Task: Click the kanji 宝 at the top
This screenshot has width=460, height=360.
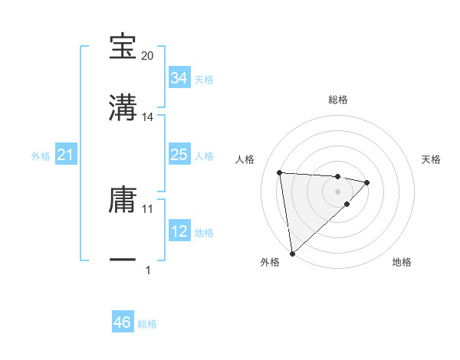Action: (x=123, y=47)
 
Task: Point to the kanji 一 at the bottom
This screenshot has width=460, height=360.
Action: (x=123, y=260)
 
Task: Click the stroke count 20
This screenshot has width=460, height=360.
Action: (x=148, y=56)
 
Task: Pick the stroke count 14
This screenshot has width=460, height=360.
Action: (x=148, y=116)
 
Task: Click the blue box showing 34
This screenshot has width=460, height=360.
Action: (x=179, y=78)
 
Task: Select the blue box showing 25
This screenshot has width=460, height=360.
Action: (x=179, y=155)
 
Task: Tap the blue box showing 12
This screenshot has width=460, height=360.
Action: (x=179, y=232)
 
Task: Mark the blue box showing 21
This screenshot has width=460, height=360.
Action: (x=65, y=155)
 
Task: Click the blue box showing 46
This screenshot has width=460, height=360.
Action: (x=123, y=322)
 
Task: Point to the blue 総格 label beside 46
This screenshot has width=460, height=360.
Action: (x=147, y=324)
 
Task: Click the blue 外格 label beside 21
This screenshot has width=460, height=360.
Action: (x=41, y=156)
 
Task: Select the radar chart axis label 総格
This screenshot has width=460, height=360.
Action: (x=338, y=100)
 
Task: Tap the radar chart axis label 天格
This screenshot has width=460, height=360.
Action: (x=431, y=159)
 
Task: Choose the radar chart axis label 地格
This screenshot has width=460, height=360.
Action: (x=402, y=262)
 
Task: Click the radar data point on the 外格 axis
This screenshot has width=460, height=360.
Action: (x=291, y=253)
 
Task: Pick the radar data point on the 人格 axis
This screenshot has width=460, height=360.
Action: (x=280, y=172)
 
